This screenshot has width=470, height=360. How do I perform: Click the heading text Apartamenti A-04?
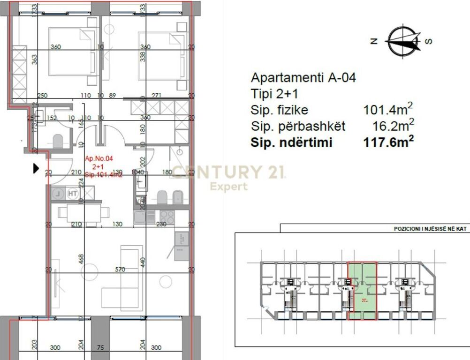(x=303, y=77)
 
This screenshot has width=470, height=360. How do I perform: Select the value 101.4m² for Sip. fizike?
(x=388, y=110)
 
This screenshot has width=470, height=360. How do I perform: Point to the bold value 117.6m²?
(x=388, y=142)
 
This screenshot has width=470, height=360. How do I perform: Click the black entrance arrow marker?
(x=36, y=168)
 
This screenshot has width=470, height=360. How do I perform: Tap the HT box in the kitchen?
(x=73, y=192)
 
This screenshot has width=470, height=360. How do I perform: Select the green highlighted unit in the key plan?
(x=362, y=291)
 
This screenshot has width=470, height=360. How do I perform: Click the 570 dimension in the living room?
(x=121, y=270)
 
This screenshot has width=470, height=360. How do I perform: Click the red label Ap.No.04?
(x=99, y=159)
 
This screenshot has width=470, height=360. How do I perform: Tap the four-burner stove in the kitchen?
(x=167, y=217)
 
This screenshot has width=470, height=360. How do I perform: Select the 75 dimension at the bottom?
(x=100, y=348)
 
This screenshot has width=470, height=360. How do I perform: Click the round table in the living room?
(x=166, y=282)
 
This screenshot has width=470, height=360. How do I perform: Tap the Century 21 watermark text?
(x=228, y=172)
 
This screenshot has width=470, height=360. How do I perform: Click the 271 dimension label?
(x=157, y=96)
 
